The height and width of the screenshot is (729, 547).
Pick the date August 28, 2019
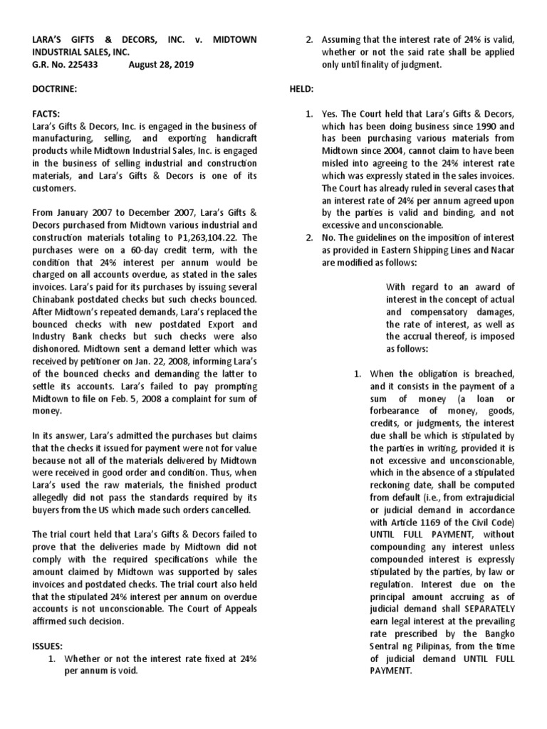162,63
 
